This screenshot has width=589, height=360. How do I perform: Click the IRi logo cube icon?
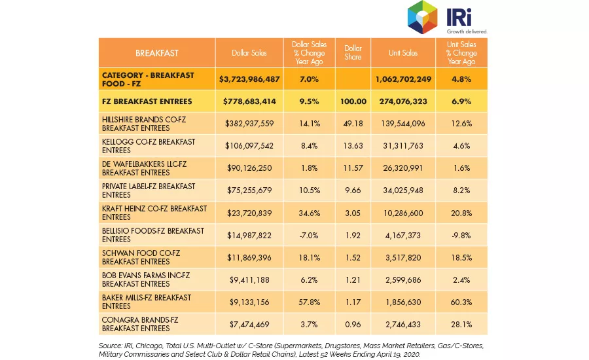point(423,17)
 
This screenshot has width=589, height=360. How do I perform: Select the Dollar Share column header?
point(353,52)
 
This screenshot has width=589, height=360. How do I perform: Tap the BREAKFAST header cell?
point(157,53)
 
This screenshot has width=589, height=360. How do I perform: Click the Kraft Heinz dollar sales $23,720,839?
point(249,213)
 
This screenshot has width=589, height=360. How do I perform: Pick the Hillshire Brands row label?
point(144,124)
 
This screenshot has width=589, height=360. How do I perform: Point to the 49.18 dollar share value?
point(353,124)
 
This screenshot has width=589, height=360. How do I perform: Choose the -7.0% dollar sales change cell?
point(309,235)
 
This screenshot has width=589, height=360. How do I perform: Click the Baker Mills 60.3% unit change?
point(461,302)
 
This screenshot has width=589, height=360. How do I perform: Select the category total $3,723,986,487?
point(249,79)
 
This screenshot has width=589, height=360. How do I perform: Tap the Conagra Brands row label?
point(140,324)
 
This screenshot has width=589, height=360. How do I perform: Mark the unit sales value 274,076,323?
point(403,101)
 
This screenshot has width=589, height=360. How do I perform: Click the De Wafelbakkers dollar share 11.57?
point(353,168)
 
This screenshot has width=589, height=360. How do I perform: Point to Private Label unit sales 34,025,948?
point(403,190)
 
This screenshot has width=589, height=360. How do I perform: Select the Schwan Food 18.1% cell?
point(309,258)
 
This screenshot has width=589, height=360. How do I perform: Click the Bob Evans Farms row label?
point(146,279)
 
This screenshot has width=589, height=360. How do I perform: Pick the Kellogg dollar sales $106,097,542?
point(249,146)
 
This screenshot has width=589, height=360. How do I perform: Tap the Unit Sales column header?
point(403,53)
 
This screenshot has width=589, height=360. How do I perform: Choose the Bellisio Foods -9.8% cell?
point(461,235)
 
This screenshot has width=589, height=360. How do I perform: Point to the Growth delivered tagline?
point(467,31)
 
